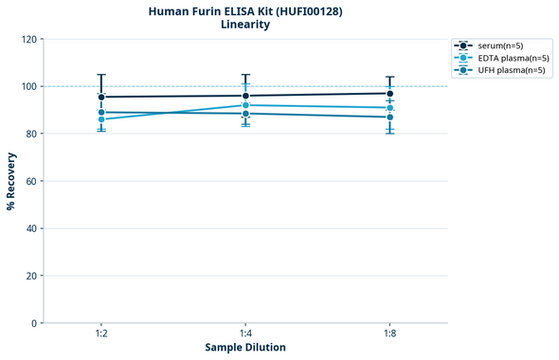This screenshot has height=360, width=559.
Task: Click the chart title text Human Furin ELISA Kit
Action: click(244, 10)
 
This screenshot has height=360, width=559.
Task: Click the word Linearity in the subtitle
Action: click(244, 25)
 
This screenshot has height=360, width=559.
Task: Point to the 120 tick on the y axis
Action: click(29, 39)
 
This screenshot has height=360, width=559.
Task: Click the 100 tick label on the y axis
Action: click(29, 86)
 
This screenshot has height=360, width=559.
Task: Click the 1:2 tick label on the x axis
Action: click(101, 333)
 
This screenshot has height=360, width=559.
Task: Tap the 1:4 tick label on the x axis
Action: click(245, 333)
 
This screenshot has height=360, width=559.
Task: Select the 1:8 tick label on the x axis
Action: click(389, 333)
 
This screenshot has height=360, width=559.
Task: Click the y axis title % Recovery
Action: click(11, 180)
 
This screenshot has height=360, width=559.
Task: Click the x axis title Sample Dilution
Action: click(245, 348)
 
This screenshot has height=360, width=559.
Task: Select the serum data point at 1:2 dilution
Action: click(101, 97)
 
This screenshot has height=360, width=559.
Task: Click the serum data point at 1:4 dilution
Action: click(245, 96)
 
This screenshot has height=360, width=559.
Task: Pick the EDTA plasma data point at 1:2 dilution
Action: click(101, 119)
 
